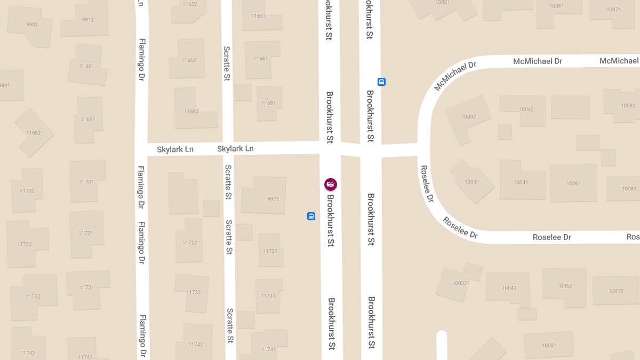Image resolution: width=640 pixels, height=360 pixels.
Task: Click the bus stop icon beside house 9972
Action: click(x=311, y=217)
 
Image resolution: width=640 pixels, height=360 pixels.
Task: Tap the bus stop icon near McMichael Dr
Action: click(x=381, y=82)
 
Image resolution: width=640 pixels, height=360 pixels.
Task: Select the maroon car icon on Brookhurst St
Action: click(x=331, y=185)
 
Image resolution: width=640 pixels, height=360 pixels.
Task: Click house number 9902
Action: click(x=32, y=24)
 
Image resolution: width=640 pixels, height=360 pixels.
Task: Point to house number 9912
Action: click(x=88, y=20)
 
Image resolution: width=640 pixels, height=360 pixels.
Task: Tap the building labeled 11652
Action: click(x=189, y=4)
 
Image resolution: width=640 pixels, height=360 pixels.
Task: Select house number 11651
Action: click(x=258, y=16)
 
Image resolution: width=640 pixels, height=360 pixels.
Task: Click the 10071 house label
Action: click(x=613, y=10)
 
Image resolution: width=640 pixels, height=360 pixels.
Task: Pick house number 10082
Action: click(x=628, y=106)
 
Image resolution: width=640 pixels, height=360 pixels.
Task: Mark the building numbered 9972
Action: click(x=273, y=199)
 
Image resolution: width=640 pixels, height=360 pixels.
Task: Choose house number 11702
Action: click(x=27, y=191)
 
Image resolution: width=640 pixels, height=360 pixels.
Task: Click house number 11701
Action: click(x=86, y=182)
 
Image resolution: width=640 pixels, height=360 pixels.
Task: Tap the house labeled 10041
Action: click(x=521, y=182)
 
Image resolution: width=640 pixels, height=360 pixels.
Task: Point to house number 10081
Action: click(x=629, y=189)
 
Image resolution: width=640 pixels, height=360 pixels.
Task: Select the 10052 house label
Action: click(x=564, y=286)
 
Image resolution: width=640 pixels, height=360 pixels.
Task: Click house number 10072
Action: click(x=615, y=291)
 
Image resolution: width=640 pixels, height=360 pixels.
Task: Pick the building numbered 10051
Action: click(x=549, y=346)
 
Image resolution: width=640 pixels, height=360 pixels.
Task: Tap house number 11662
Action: click(x=189, y=60)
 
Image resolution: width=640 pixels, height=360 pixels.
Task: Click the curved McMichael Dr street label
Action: click(x=455, y=76)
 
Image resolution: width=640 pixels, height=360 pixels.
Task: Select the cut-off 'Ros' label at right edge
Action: click(x=633, y=236)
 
